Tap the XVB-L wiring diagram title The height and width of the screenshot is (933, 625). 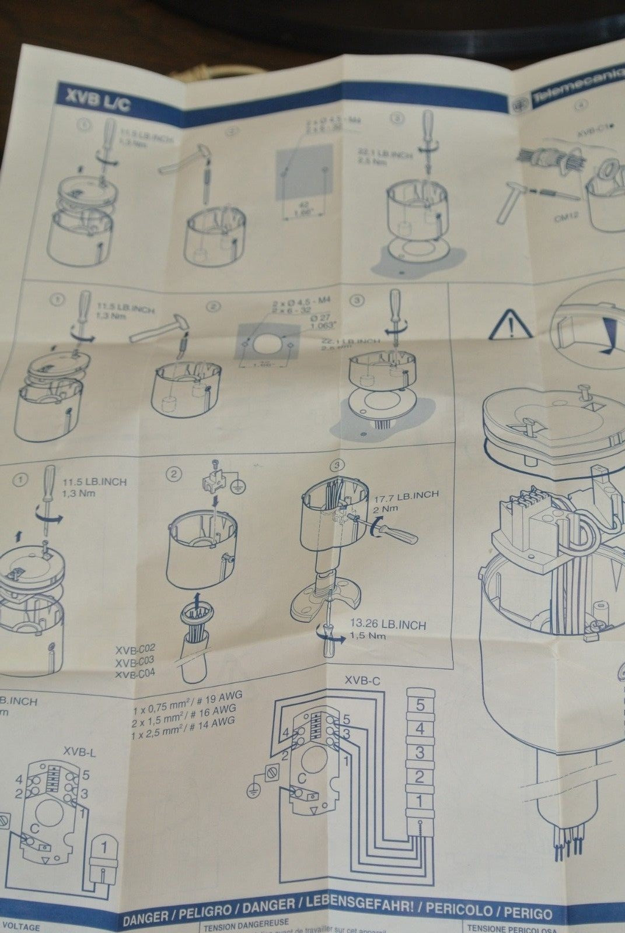pos(80,752)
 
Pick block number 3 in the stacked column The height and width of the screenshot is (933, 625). pos(420,752)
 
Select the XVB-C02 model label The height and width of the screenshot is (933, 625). pos(135,648)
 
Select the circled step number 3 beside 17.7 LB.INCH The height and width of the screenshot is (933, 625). pos(336,466)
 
